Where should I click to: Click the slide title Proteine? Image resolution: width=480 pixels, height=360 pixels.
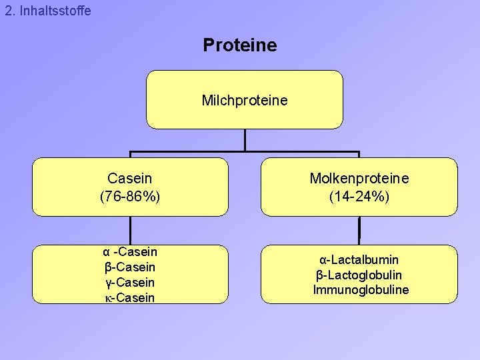pyautogui.click(x=239, y=45)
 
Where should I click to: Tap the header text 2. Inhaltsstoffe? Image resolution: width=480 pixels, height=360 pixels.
pyautogui.click(x=47, y=11)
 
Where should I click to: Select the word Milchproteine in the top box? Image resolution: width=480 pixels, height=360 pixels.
pyautogui.click(x=245, y=101)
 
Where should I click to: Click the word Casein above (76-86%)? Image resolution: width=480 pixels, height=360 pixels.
pyautogui.click(x=130, y=179)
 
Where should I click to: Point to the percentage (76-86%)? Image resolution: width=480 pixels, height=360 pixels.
pyautogui.click(x=130, y=197)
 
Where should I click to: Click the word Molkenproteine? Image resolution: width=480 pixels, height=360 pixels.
pyautogui.click(x=359, y=179)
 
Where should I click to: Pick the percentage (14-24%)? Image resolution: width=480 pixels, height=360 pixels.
pyautogui.click(x=359, y=197)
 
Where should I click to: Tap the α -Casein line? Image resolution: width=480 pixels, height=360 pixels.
pyautogui.click(x=130, y=252)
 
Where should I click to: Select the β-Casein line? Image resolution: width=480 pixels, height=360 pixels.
pyautogui.click(x=130, y=267)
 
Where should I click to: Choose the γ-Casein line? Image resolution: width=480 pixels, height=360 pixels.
pyautogui.click(x=130, y=283)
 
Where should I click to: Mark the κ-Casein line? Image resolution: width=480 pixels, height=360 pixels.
pyautogui.click(x=130, y=298)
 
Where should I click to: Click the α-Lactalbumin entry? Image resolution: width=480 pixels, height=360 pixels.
pyautogui.click(x=359, y=259)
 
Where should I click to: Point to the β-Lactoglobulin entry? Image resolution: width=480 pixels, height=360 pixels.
pyautogui.click(x=359, y=275)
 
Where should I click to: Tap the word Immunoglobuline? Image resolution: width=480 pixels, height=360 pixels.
pyautogui.click(x=361, y=290)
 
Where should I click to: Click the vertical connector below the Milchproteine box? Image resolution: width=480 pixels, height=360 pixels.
pyautogui.click(x=245, y=140)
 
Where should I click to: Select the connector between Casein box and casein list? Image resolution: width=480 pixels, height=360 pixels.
pyautogui.click(x=130, y=231)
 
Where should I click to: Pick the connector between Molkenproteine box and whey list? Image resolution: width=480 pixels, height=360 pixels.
pyautogui.click(x=359, y=231)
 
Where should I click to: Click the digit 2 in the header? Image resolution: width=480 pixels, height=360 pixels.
pyautogui.click(x=8, y=11)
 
